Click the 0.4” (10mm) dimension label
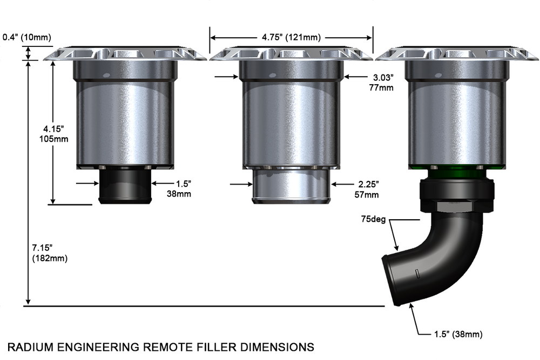tap(27, 37)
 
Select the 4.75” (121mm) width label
tap(291, 37)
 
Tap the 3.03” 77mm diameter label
tap(381, 83)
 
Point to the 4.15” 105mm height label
tap(53, 134)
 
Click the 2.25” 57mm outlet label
tap(367, 189)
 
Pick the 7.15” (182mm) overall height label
tap(50, 253)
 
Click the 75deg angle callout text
tap(373, 219)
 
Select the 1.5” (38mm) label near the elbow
tap(458, 334)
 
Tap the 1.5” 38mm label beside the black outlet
tap(179, 189)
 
